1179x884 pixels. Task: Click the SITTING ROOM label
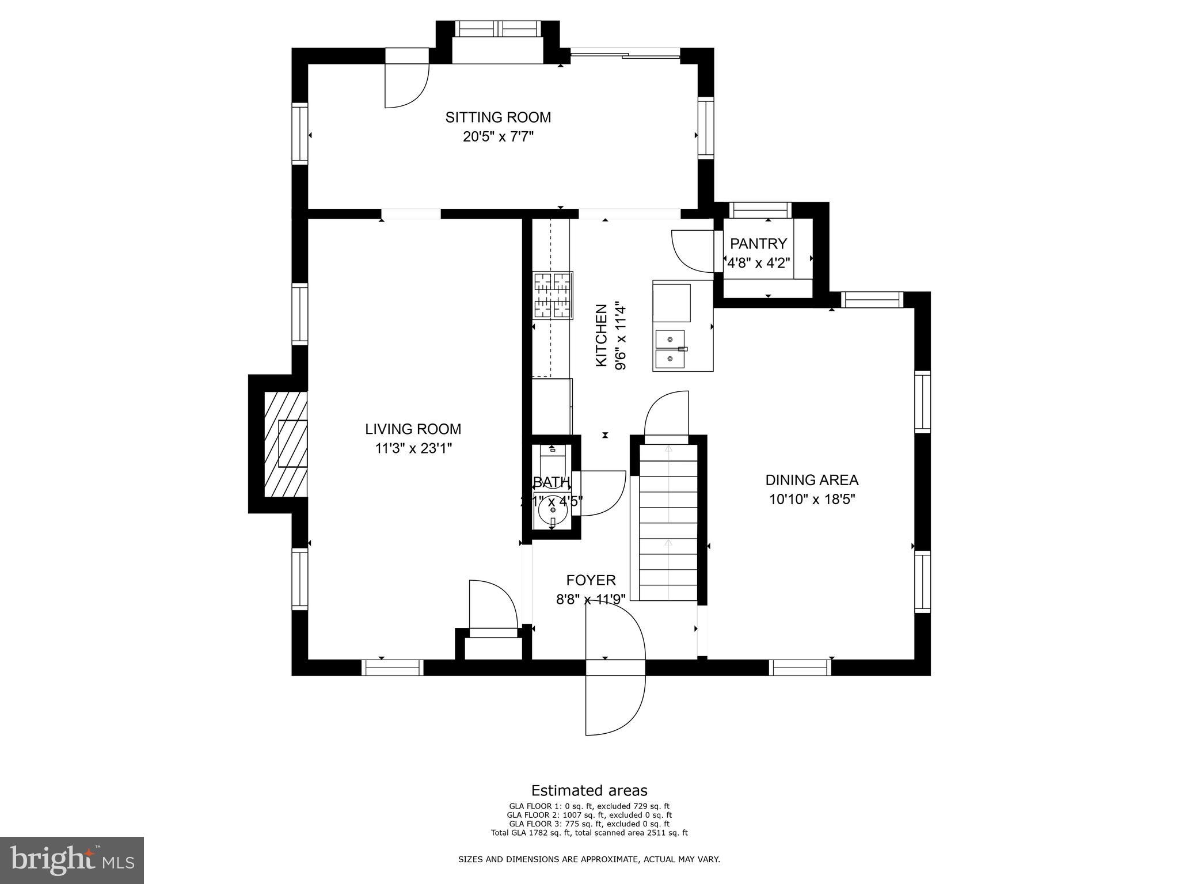498,117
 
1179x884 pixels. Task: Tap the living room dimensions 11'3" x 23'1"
413,448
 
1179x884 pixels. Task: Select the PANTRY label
758,243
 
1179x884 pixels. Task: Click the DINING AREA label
812,479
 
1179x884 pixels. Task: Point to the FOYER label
591,580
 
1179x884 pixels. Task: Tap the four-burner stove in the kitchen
553,295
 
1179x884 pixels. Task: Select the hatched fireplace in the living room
286,444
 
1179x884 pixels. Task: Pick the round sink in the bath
552,509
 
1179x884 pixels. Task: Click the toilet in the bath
553,461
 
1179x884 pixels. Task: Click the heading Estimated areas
589,790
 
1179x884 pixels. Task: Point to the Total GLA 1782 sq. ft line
589,832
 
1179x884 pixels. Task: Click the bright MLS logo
72,860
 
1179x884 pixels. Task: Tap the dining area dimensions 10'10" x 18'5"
812,499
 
